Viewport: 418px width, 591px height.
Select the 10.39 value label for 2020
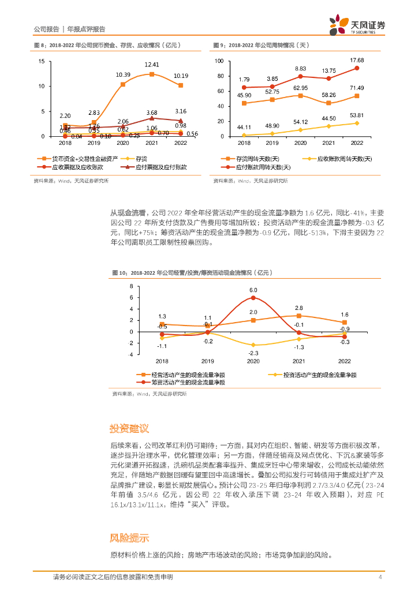pos(123,74)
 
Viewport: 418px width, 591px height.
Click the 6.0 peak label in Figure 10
pos(253,290)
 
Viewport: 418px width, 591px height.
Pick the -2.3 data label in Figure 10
pos(253,353)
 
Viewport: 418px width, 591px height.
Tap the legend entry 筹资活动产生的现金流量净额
pos(187,382)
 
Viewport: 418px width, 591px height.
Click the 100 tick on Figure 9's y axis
pos(218,61)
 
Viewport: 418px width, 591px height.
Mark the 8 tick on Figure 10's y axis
pos(130,286)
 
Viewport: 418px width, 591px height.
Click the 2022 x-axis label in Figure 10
pos(344,361)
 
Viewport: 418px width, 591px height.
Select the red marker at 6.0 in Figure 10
pos(253,298)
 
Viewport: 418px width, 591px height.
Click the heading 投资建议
pos(129,428)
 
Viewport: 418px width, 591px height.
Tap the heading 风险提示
pos(129,537)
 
